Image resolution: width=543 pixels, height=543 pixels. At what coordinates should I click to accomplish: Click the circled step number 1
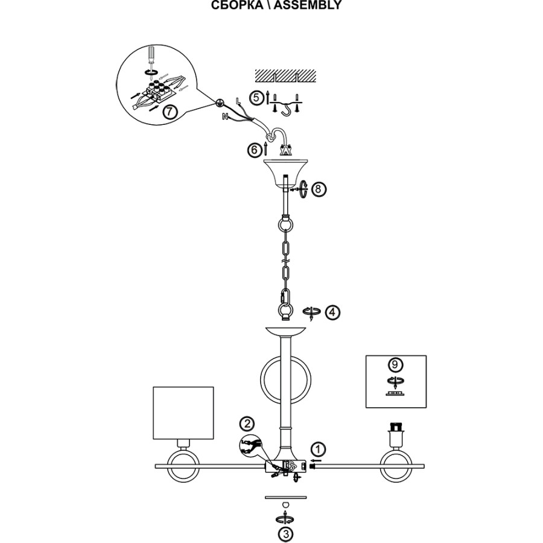319,449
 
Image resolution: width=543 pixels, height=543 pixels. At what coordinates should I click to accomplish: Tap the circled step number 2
246,424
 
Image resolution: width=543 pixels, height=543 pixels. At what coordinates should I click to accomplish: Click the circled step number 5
258,97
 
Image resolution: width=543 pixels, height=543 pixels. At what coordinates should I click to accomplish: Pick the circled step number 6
255,150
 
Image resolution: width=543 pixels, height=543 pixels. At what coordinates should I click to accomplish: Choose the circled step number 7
170,111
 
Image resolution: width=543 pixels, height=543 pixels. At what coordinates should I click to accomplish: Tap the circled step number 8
319,189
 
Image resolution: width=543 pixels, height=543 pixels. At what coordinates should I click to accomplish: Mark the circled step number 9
395,364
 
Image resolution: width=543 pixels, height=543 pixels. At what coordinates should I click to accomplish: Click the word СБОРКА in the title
237,5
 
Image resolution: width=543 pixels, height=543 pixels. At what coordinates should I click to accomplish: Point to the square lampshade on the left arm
183,413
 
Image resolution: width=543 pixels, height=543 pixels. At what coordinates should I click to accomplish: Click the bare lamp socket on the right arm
396,437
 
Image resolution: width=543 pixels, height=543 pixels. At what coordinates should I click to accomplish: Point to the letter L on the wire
237,98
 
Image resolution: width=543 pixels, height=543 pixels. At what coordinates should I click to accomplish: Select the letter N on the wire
224,116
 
